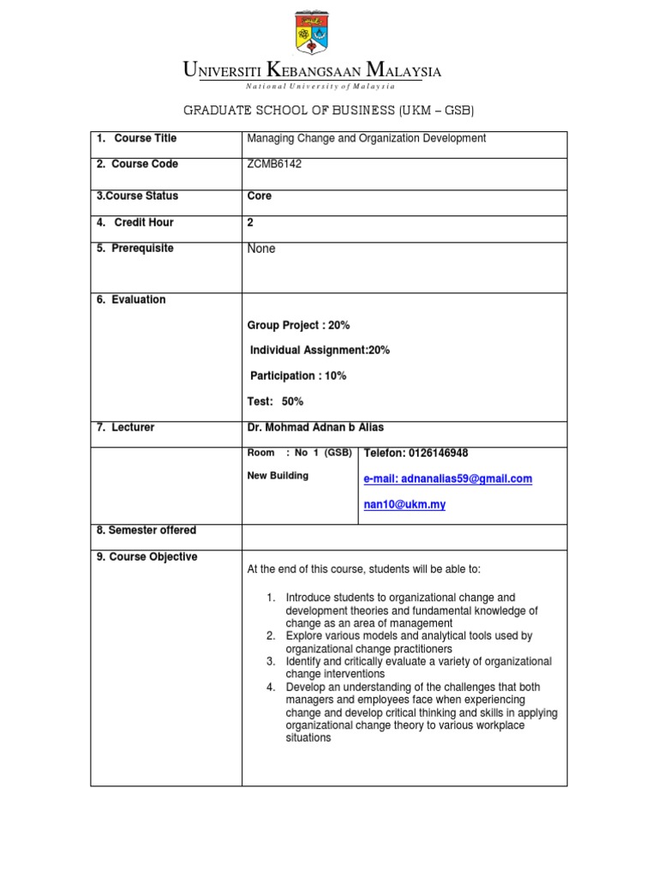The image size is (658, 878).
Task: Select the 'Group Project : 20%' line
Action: [x=298, y=325]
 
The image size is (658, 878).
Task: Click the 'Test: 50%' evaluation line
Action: [x=275, y=401]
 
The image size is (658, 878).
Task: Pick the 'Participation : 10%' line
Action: [x=298, y=376]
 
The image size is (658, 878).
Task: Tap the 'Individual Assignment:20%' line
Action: [x=320, y=350]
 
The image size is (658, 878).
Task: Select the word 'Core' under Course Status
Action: [x=259, y=196]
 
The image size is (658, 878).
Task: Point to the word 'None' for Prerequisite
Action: [x=261, y=249]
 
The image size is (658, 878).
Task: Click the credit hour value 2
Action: [x=250, y=222]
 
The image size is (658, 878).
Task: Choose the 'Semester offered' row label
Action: [x=147, y=531]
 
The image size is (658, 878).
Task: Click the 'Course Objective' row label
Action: [x=147, y=556]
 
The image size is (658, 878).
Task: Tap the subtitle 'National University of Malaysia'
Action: [x=320, y=87]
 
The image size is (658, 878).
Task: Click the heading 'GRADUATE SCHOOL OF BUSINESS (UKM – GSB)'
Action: [x=329, y=111]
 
